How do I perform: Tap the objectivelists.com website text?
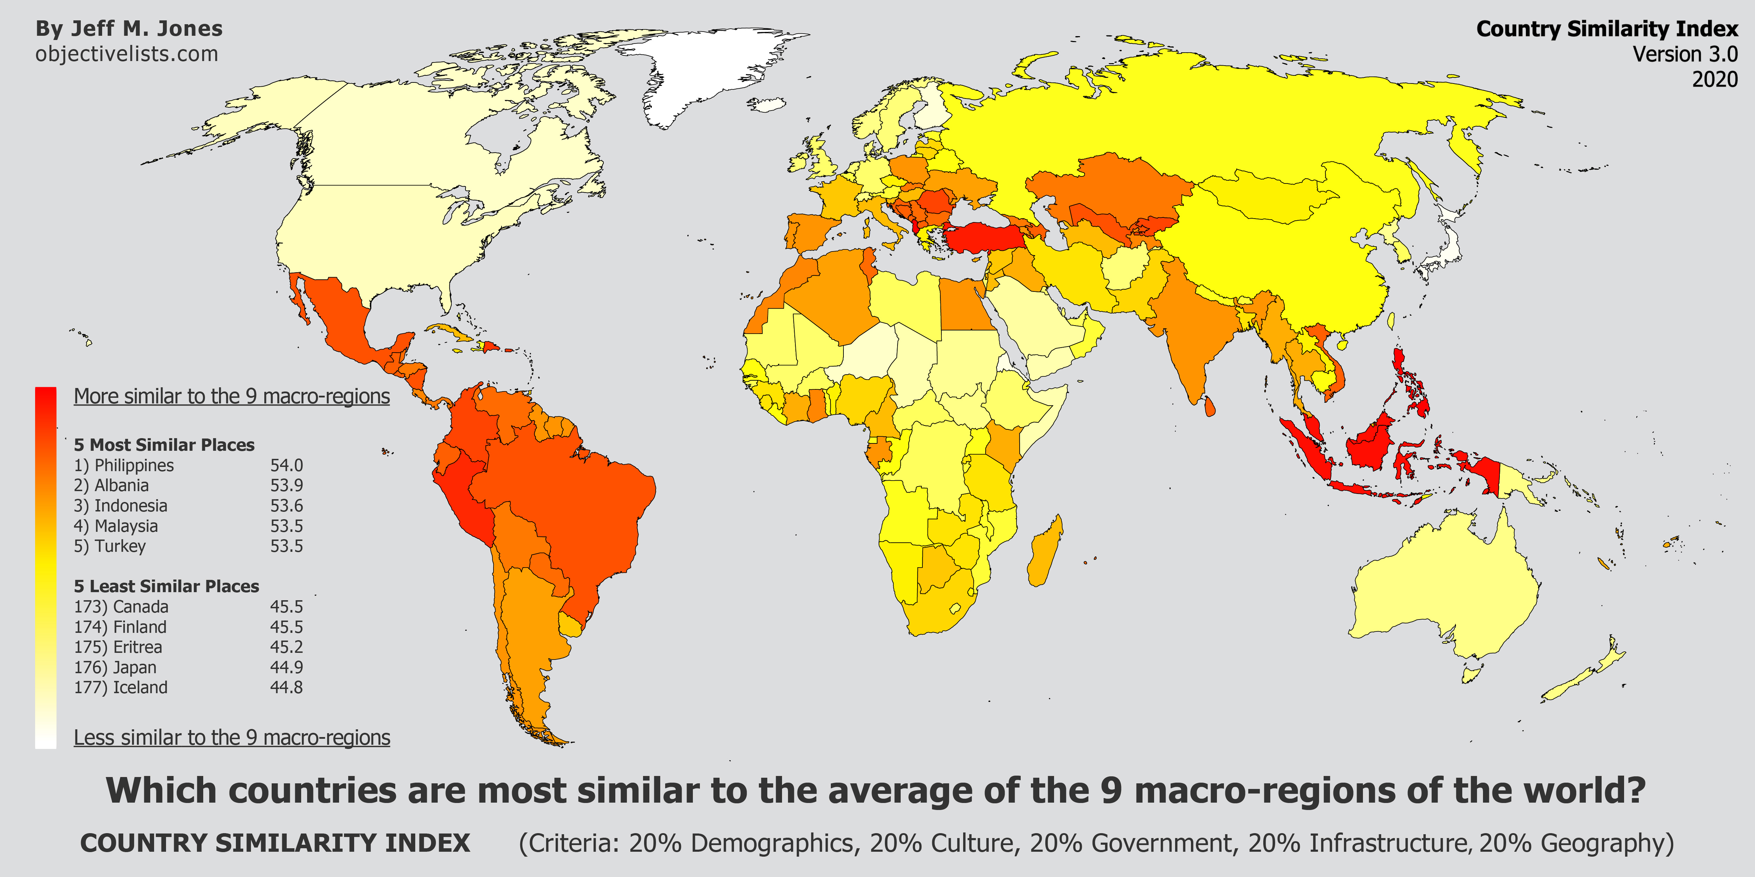point(127,54)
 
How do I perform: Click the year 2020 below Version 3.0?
point(1715,79)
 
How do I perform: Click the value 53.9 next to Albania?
point(286,486)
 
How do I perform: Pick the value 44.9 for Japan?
point(286,667)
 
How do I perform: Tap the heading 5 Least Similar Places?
point(166,586)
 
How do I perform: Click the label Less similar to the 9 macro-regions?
point(232,737)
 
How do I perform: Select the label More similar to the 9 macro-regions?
point(232,396)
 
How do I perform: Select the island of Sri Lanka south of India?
point(1209,407)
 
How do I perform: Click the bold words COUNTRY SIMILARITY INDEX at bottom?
point(275,843)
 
